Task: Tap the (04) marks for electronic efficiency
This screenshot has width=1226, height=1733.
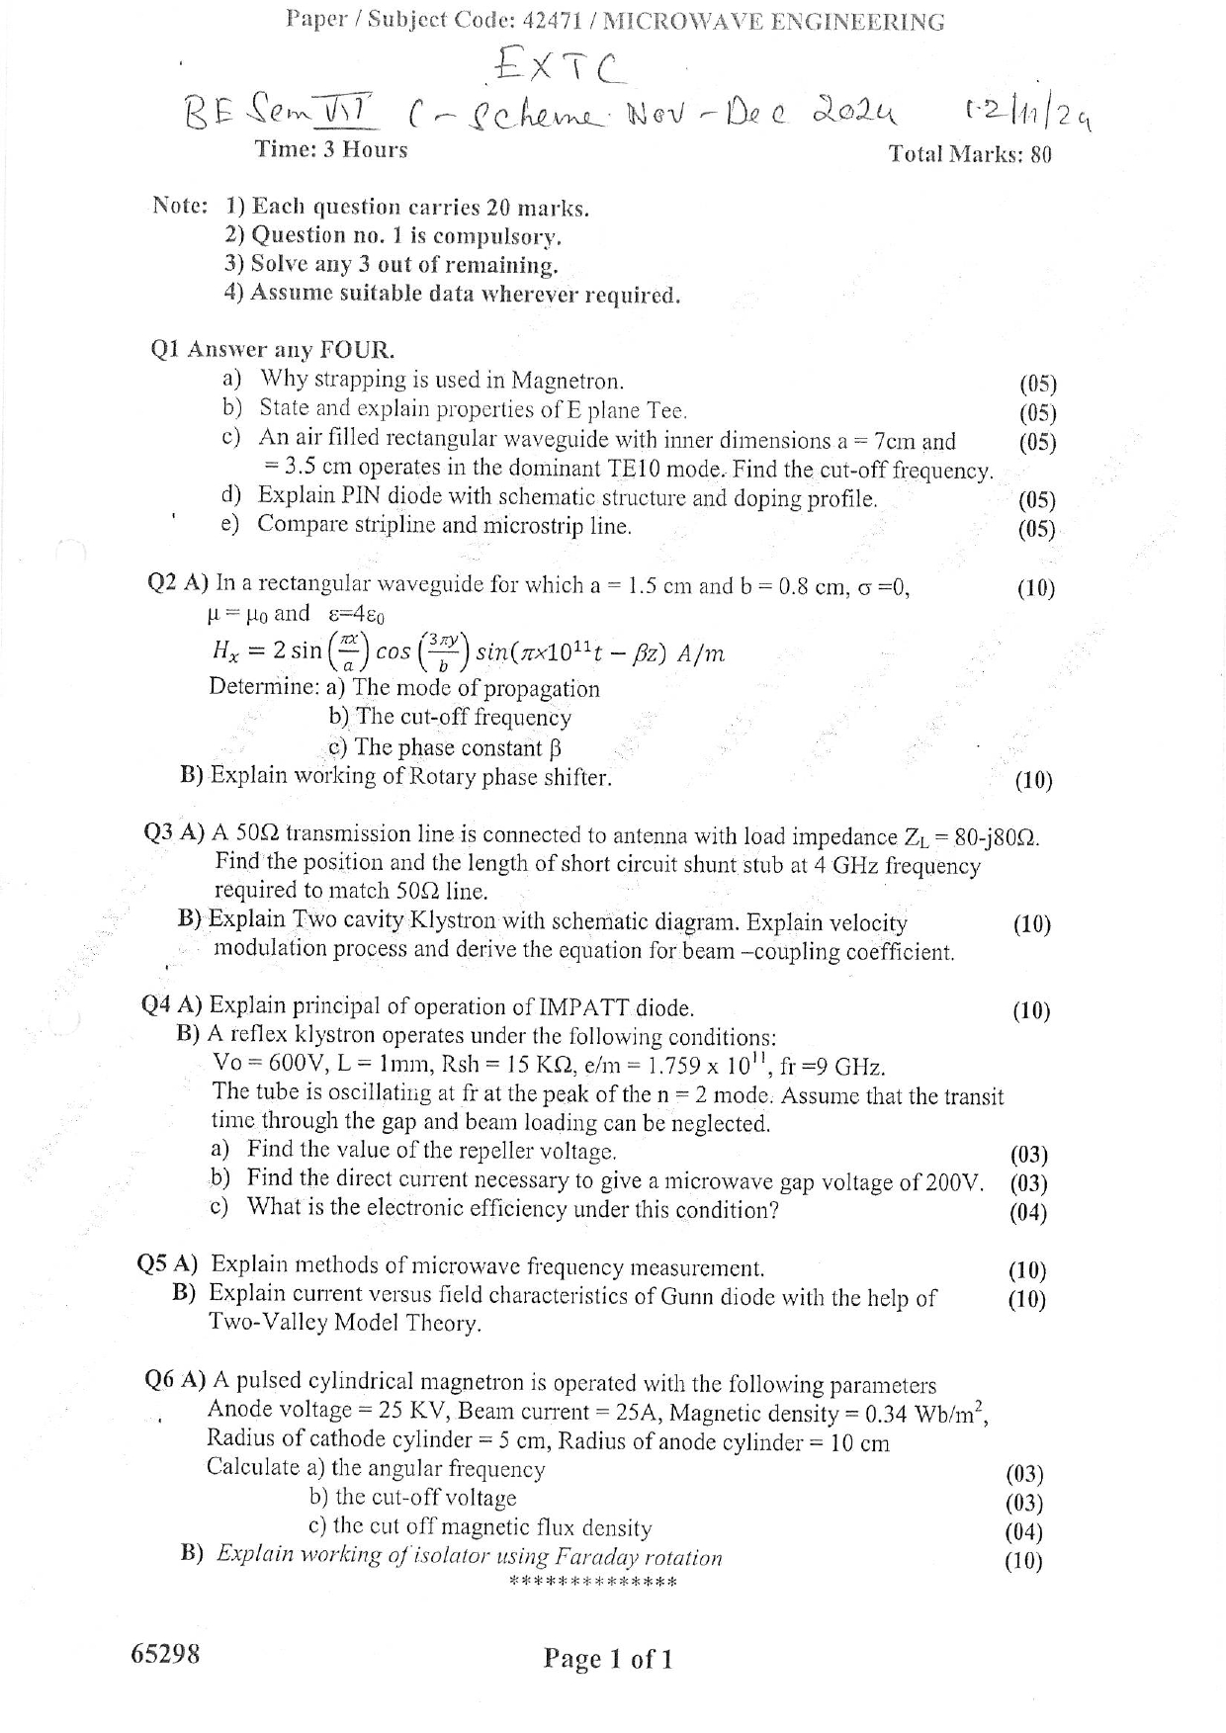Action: [1028, 1212]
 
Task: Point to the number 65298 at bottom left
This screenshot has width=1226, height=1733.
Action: [165, 1654]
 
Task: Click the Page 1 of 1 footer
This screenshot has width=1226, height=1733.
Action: [607, 1659]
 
